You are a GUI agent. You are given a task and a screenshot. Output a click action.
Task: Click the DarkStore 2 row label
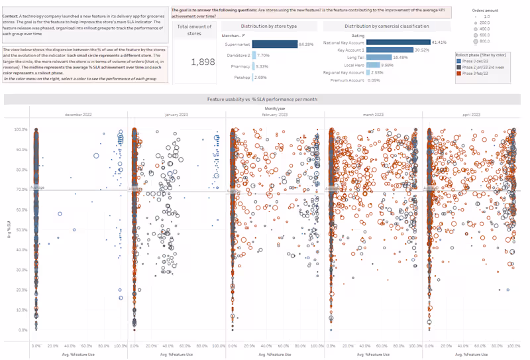tap(238, 55)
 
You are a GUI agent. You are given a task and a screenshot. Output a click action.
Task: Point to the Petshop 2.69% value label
tap(262, 77)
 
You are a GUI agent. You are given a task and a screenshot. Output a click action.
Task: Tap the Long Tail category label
tap(356, 58)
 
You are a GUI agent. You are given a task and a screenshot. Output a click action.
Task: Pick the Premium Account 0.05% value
tap(374, 80)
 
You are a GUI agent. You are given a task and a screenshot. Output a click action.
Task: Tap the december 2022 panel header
tap(79, 115)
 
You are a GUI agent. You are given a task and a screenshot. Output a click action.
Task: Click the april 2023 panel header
tap(472, 115)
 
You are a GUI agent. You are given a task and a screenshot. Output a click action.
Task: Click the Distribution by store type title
tap(268, 26)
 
